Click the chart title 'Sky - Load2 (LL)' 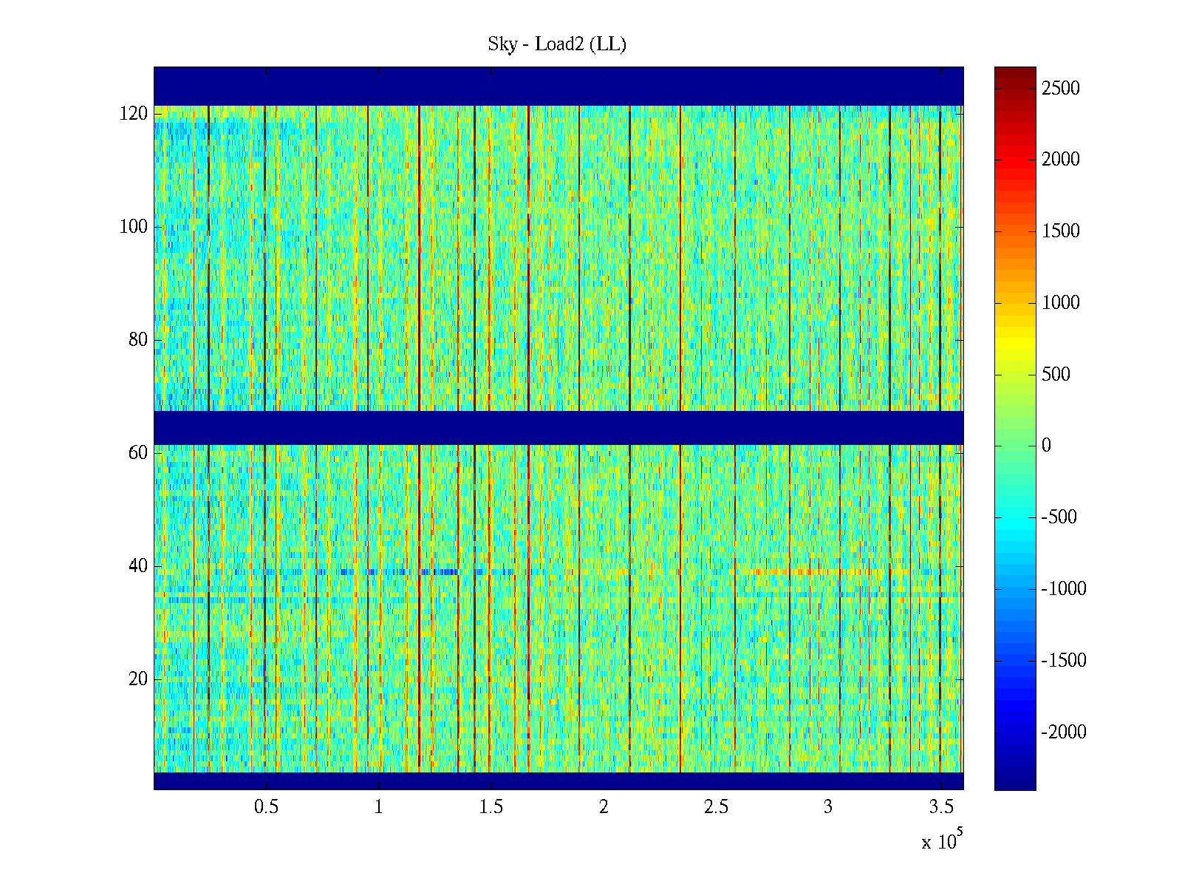[x=557, y=44]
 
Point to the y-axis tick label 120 [x=134, y=114]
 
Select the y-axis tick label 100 [x=134, y=227]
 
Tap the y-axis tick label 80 [x=138, y=340]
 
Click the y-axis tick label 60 [x=138, y=453]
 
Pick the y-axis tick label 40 [x=138, y=566]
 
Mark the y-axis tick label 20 [x=138, y=679]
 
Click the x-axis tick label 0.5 [x=266, y=807]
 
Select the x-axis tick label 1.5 [x=491, y=807]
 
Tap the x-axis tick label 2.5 [x=716, y=807]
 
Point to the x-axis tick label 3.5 [x=940, y=807]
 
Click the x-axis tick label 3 [x=828, y=807]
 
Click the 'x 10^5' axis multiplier [x=941, y=841]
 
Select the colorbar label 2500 [x=1061, y=89]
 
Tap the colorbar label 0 [x=1046, y=446]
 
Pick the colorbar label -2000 [x=1064, y=733]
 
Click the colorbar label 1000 [x=1061, y=303]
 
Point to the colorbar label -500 [x=1059, y=517]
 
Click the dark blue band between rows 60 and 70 [x=558, y=428]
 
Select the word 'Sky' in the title [x=502, y=45]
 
